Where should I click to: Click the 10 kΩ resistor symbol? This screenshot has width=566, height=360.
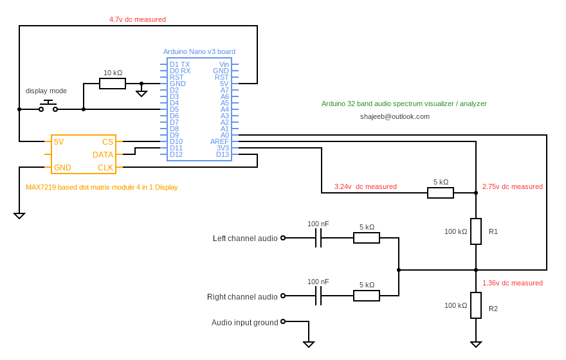coord(113,84)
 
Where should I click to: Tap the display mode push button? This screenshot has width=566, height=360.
coord(48,107)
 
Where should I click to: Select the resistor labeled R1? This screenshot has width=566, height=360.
coord(476,231)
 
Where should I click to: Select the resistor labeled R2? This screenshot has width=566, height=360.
coord(476,305)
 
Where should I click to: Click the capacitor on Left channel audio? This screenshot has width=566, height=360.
coord(318,238)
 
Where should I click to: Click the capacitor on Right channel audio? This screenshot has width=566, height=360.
coord(318,296)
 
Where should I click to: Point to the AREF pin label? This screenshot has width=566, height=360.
coord(219,141)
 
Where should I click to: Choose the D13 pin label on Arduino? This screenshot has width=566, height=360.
coord(222,154)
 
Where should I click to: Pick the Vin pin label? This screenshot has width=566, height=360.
coord(224,64)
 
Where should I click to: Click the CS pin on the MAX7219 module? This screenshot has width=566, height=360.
coord(107,141)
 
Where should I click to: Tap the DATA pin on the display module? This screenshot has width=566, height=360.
coord(103,155)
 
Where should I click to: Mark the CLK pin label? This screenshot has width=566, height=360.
coord(105,168)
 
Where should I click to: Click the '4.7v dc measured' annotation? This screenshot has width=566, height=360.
coord(138,19)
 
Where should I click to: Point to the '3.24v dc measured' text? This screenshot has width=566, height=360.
coord(365,186)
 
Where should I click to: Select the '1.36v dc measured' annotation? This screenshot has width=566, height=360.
coord(513,283)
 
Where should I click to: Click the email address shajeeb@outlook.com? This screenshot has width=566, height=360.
coord(395,116)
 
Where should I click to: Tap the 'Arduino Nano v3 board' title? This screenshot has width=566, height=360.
coord(199,51)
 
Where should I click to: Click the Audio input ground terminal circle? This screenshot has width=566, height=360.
coord(283,321)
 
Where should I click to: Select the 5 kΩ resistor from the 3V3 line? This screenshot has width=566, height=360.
coord(441,193)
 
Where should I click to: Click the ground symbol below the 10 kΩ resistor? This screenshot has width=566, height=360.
coord(141,93)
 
